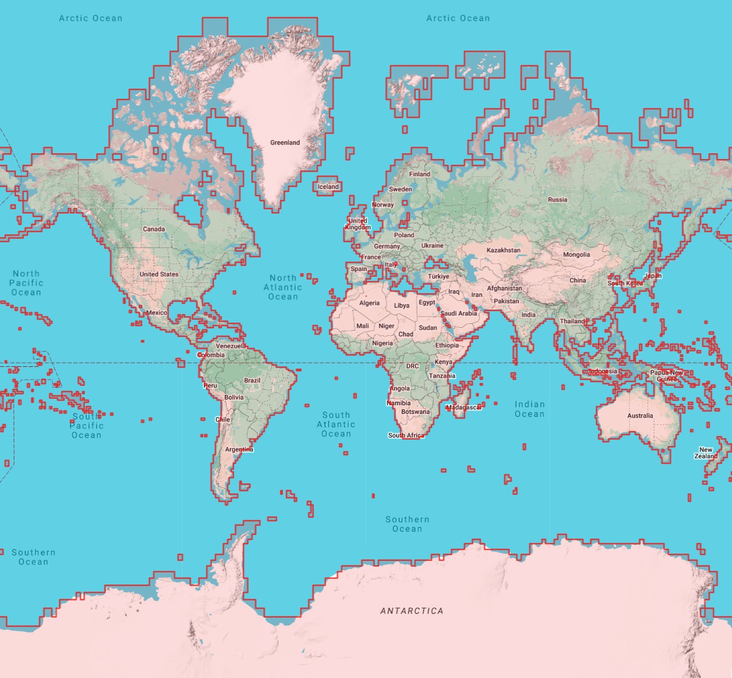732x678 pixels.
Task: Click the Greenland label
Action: pyautogui.click(x=285, y=142)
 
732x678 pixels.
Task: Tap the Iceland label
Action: pyautogui.click(x=328, y=187)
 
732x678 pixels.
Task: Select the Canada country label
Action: pyautogui.click(x=154, y=229)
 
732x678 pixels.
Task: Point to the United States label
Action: pyautogui.click(x=159, y=274)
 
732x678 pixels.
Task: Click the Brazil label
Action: pyautogui.click(x=252, y=381)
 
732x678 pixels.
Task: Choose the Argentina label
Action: pyautogui.click(x=239, y=450)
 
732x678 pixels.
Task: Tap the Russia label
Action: pyautogui.click(x=557, y=200)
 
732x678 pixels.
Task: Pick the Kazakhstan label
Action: pyautogui.click(x=504, y=250)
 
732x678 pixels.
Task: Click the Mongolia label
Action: pyautogui.click(x=576, y=254)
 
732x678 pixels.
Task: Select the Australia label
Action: pyautogui.click(x=640, y=416)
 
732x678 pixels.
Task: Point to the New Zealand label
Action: pyautogui.click(x=706, y=453)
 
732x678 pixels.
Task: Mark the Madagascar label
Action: pyautogui.click(x=464, y=408)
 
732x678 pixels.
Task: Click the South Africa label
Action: pyautogui.click(x=406, y=435)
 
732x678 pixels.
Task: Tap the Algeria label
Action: pyautogui.click(x=369, y=303)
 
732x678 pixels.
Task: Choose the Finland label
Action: pyautogui.click(x=420, y=174)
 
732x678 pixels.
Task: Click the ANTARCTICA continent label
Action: pyautogui.click(x=412, y=611)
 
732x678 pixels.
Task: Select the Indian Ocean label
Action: pyautogui.click(x=529, y=409)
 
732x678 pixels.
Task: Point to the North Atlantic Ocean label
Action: pyautogui.click(x=283, y=287)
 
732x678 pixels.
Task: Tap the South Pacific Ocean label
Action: pyautogui.click(x=87, y=425)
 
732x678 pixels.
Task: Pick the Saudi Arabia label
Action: pyautogui.click(x=459, y=313)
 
